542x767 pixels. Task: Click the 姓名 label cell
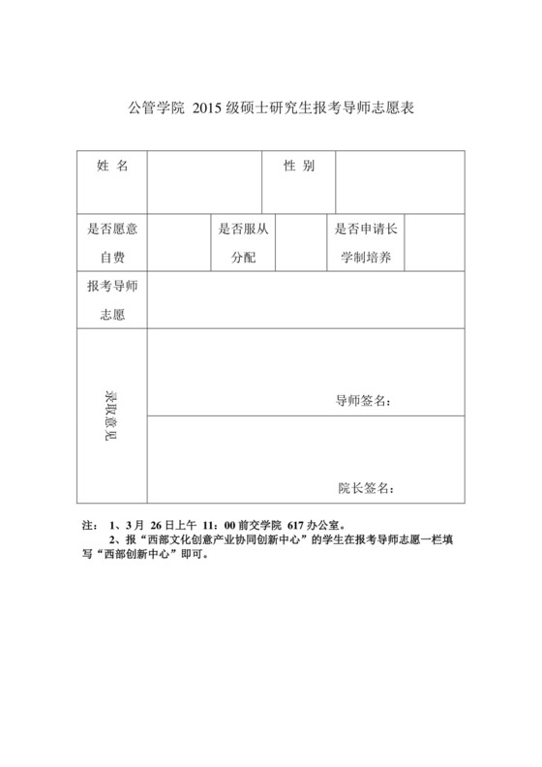[112, 167]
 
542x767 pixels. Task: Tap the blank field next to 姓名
[204, 181]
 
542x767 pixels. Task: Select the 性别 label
[298, 167]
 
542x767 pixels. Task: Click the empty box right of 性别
[399, 181]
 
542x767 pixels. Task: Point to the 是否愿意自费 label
[112, 244]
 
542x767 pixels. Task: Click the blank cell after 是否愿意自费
[178, 243]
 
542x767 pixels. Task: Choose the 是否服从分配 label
[242, 244]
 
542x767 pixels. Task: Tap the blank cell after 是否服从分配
[299, 243]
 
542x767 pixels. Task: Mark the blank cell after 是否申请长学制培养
[435, 243]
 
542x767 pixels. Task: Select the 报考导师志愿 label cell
[112, 301]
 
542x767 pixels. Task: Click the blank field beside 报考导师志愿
[305, 301]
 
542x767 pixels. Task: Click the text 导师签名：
[363, 401]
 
